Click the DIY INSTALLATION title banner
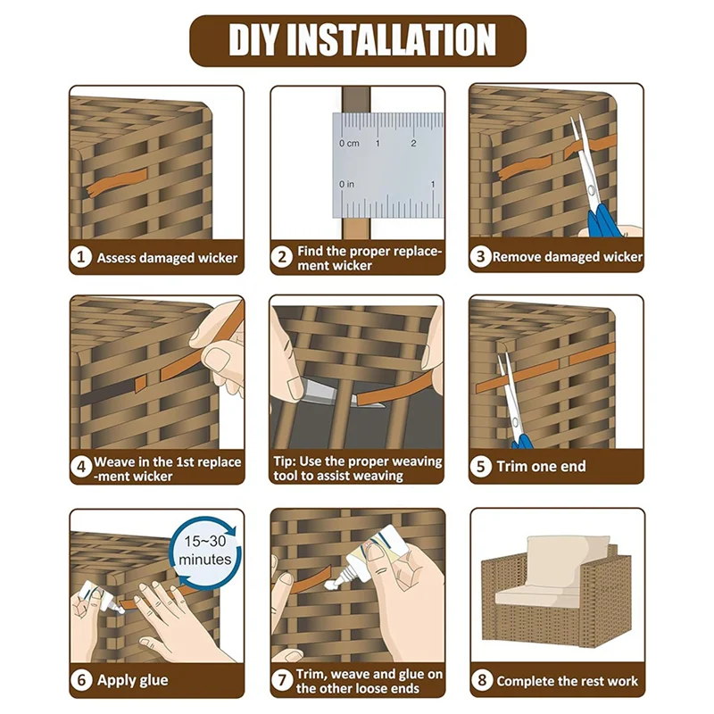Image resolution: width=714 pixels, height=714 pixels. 358,40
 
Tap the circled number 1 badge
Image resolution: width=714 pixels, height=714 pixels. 81,257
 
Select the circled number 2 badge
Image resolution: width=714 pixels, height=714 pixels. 282,257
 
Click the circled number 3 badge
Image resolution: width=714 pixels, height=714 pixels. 480,256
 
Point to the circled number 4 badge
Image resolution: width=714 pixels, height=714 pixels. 81,467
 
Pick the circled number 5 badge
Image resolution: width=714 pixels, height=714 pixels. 481,467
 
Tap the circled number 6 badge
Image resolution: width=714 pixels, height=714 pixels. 81,680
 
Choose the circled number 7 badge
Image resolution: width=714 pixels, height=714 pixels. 282,680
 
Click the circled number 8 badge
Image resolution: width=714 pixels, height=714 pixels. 482,680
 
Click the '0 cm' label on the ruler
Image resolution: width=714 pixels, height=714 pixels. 349,144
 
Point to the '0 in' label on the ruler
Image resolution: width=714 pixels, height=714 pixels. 346,185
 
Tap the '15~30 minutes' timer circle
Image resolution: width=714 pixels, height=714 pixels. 205,550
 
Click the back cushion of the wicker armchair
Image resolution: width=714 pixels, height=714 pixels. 567,560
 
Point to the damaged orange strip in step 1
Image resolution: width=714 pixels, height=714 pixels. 117,181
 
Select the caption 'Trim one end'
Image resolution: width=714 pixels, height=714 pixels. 541,466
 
